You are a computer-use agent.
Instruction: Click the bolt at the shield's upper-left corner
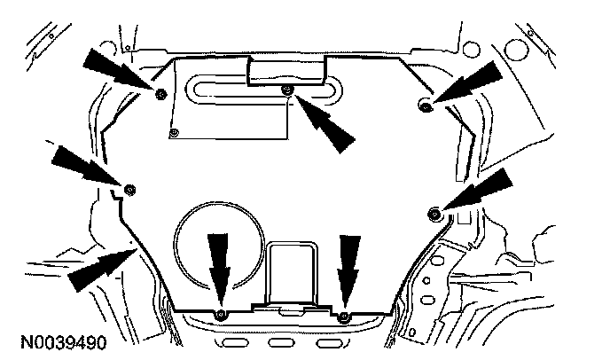pos(160,94)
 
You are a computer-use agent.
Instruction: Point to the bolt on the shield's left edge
pos(129,188)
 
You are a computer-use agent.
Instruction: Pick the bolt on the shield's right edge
pos(434,212)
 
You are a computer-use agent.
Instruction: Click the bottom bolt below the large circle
pos(221,315)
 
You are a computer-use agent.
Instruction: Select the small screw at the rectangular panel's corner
pos(174,133)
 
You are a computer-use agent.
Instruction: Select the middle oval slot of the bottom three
pos(282,342)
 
